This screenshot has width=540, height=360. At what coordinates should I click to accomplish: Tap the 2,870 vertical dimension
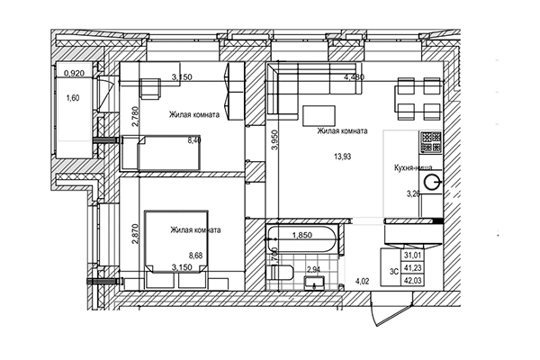point(134,235)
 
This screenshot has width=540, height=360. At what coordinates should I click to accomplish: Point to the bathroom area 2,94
point(314,269)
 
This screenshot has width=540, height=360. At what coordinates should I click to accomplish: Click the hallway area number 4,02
point(363,282)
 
